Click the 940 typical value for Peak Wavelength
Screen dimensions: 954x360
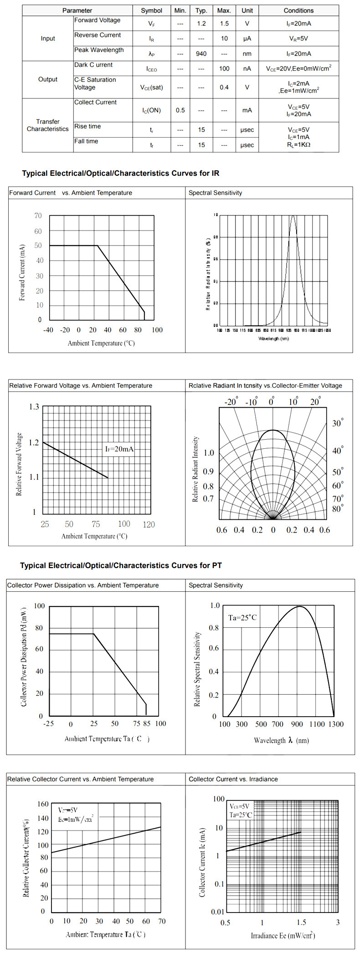(x=201, y=54)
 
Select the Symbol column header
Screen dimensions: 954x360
(x=152, y=10)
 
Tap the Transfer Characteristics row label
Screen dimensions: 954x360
(x=48, y=125)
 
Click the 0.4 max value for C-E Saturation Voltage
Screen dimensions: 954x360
(x=224, y=87)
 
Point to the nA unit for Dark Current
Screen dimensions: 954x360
(x=247, y=69)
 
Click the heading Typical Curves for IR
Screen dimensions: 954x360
(x=121, y=174)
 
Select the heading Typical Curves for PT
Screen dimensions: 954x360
(x=121, y=565)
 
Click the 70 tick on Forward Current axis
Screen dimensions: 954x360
(x=38, y=216)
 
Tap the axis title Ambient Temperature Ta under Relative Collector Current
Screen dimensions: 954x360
(x=106, y=934)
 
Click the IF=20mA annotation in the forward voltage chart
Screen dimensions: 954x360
(x=119, y=449)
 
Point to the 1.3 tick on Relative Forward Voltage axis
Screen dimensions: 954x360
(x=34, y=407)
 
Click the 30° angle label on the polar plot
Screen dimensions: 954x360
(x=338, y=423)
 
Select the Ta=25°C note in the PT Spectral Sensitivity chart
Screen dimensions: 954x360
(x=242, y=618)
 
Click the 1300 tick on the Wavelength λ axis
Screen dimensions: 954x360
(x=336, y=724)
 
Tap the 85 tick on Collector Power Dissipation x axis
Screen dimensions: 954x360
(x=146, y=723)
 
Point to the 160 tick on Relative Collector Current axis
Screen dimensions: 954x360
(x=43, y=804)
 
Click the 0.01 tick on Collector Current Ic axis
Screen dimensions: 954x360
(x=218, y=912)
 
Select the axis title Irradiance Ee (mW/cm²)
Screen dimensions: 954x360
(x=283, y=935)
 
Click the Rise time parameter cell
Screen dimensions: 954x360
(x=87, y=127)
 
